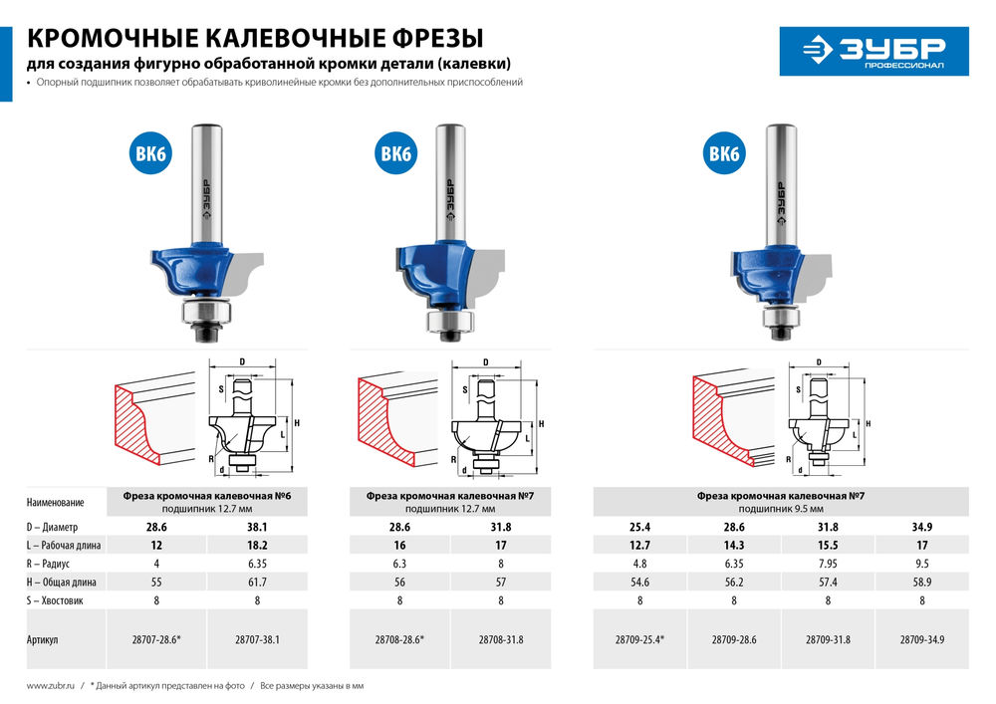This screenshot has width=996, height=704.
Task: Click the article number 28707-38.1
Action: [258, 640]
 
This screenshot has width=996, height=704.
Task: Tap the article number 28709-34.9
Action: [922, 640]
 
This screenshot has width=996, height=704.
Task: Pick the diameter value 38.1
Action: [258, 526]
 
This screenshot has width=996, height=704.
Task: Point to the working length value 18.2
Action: [258, 546]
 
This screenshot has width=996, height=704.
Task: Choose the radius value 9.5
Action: [922, 565]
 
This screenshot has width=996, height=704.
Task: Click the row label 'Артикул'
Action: [43, 640]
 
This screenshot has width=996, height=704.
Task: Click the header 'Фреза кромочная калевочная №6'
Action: [213, 495]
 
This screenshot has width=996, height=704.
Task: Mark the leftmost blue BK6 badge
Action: [147, 153]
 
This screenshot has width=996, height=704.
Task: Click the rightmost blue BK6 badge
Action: [724, 153]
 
